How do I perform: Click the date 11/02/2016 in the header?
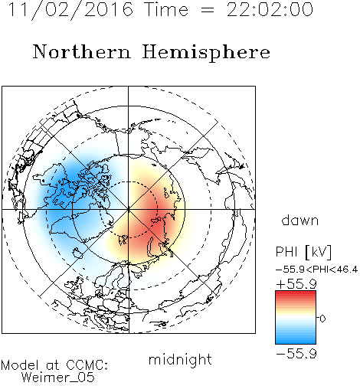70,10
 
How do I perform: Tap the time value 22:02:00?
270,10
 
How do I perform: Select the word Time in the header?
166,10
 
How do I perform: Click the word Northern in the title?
82,52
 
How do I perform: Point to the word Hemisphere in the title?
206,53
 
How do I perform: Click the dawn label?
300,220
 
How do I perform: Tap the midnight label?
180,359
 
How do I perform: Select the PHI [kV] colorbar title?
303,252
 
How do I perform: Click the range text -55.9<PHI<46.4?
317,270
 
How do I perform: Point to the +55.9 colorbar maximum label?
296,284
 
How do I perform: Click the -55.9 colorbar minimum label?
296,354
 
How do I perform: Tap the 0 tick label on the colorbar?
322,319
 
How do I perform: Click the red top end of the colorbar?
296,293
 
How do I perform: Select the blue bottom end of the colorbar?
296,342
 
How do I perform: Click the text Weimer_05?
58,378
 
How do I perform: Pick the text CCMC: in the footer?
87,365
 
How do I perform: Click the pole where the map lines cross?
129,210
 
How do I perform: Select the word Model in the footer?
20,365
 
